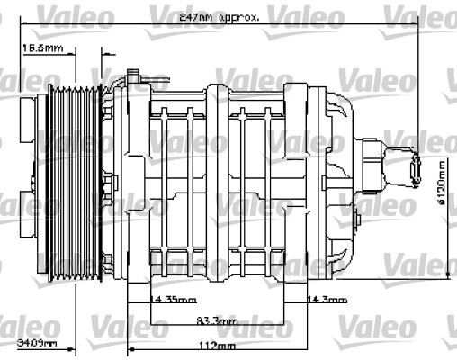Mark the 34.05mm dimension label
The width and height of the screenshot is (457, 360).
pyautogui.click(x=37, y=343)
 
